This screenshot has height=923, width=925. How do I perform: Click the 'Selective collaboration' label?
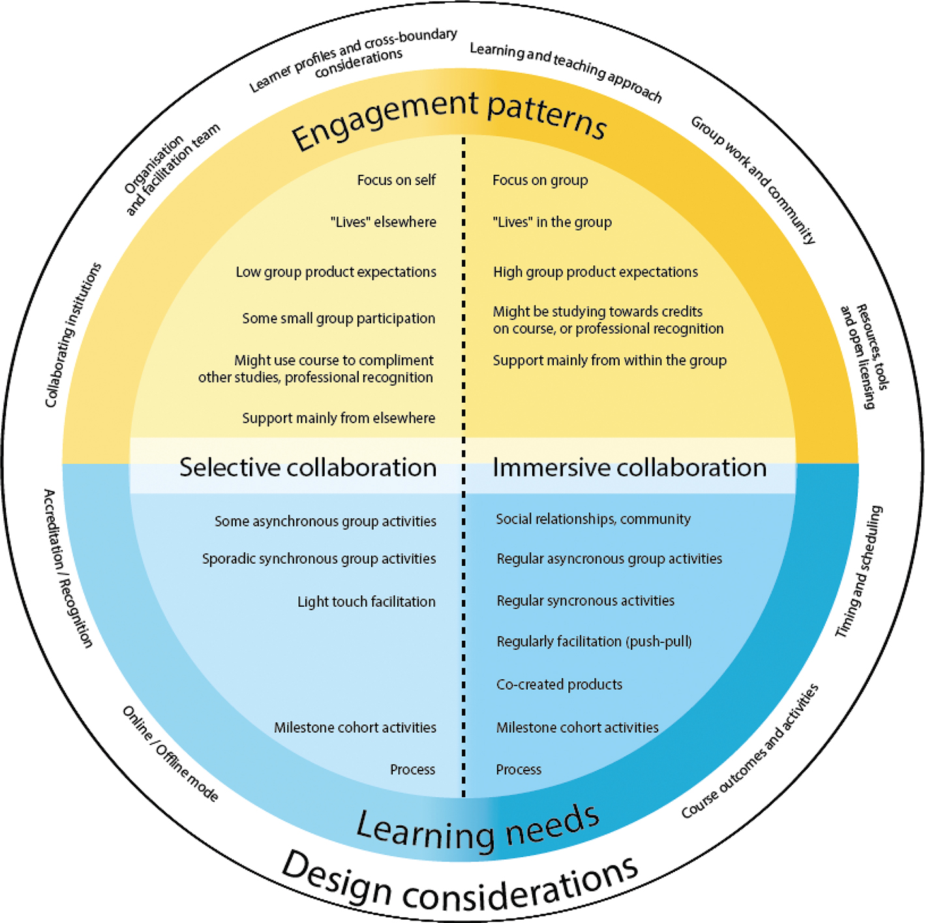point(308,467)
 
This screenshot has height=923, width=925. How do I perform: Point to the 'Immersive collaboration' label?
point(629,467)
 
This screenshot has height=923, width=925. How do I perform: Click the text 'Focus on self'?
point(396,180)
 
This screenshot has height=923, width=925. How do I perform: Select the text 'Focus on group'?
point(540,180)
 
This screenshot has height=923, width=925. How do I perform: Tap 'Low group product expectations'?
point(336,272)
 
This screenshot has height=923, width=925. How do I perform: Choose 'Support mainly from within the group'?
point(609,360)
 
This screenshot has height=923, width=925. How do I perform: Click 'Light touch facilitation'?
point(366,602)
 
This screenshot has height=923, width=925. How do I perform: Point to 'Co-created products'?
point(559,684)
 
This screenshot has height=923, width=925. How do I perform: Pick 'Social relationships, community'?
point(593,519)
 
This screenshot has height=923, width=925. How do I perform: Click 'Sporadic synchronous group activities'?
point(319,559)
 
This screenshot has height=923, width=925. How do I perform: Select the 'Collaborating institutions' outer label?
point(72,335)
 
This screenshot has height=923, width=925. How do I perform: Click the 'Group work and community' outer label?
point(753,179)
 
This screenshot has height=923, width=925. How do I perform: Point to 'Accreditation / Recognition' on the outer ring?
point(68,568)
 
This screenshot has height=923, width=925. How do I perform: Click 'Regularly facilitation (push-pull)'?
point(594,641)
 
